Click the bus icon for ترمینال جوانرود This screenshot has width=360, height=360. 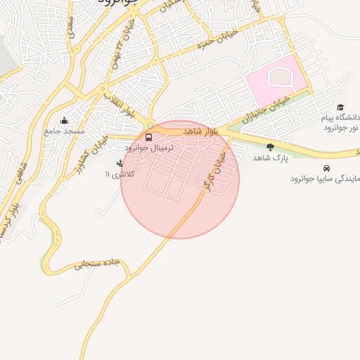point(148,137)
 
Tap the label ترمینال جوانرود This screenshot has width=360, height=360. point(148,148)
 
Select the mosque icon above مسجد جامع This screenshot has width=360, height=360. point(65,121)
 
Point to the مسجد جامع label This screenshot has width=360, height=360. point(64,131)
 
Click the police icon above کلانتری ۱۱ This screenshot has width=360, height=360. point(119,164)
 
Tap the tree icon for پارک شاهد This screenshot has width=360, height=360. point(270,147)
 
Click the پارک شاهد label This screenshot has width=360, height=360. point(266,157)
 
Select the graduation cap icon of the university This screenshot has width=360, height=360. point(340,108)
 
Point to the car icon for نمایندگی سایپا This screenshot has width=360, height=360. point(327,169)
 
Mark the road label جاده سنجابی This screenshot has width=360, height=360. point(98,264)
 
